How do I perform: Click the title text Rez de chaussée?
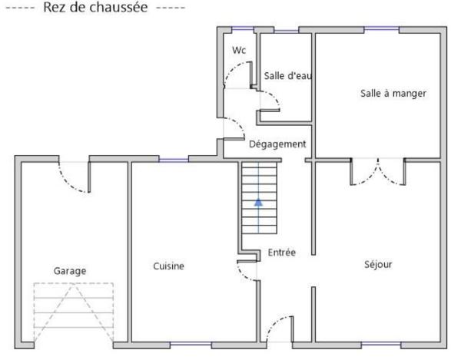pos(96,8)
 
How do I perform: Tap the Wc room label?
pos(239,50)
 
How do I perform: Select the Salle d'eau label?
pos(287,75)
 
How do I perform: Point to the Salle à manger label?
pos(393,93)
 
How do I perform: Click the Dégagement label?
pos(277,144)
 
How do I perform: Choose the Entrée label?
pos(282,253)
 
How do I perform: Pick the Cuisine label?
pos(168,266)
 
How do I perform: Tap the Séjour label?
pos(378,264)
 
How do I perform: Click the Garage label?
pos(70,270)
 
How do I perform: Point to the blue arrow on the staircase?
pos(259,202)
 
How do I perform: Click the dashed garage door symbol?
pos(73,311)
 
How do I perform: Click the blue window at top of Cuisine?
pos(174,160)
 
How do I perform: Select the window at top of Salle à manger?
pos(381,30)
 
